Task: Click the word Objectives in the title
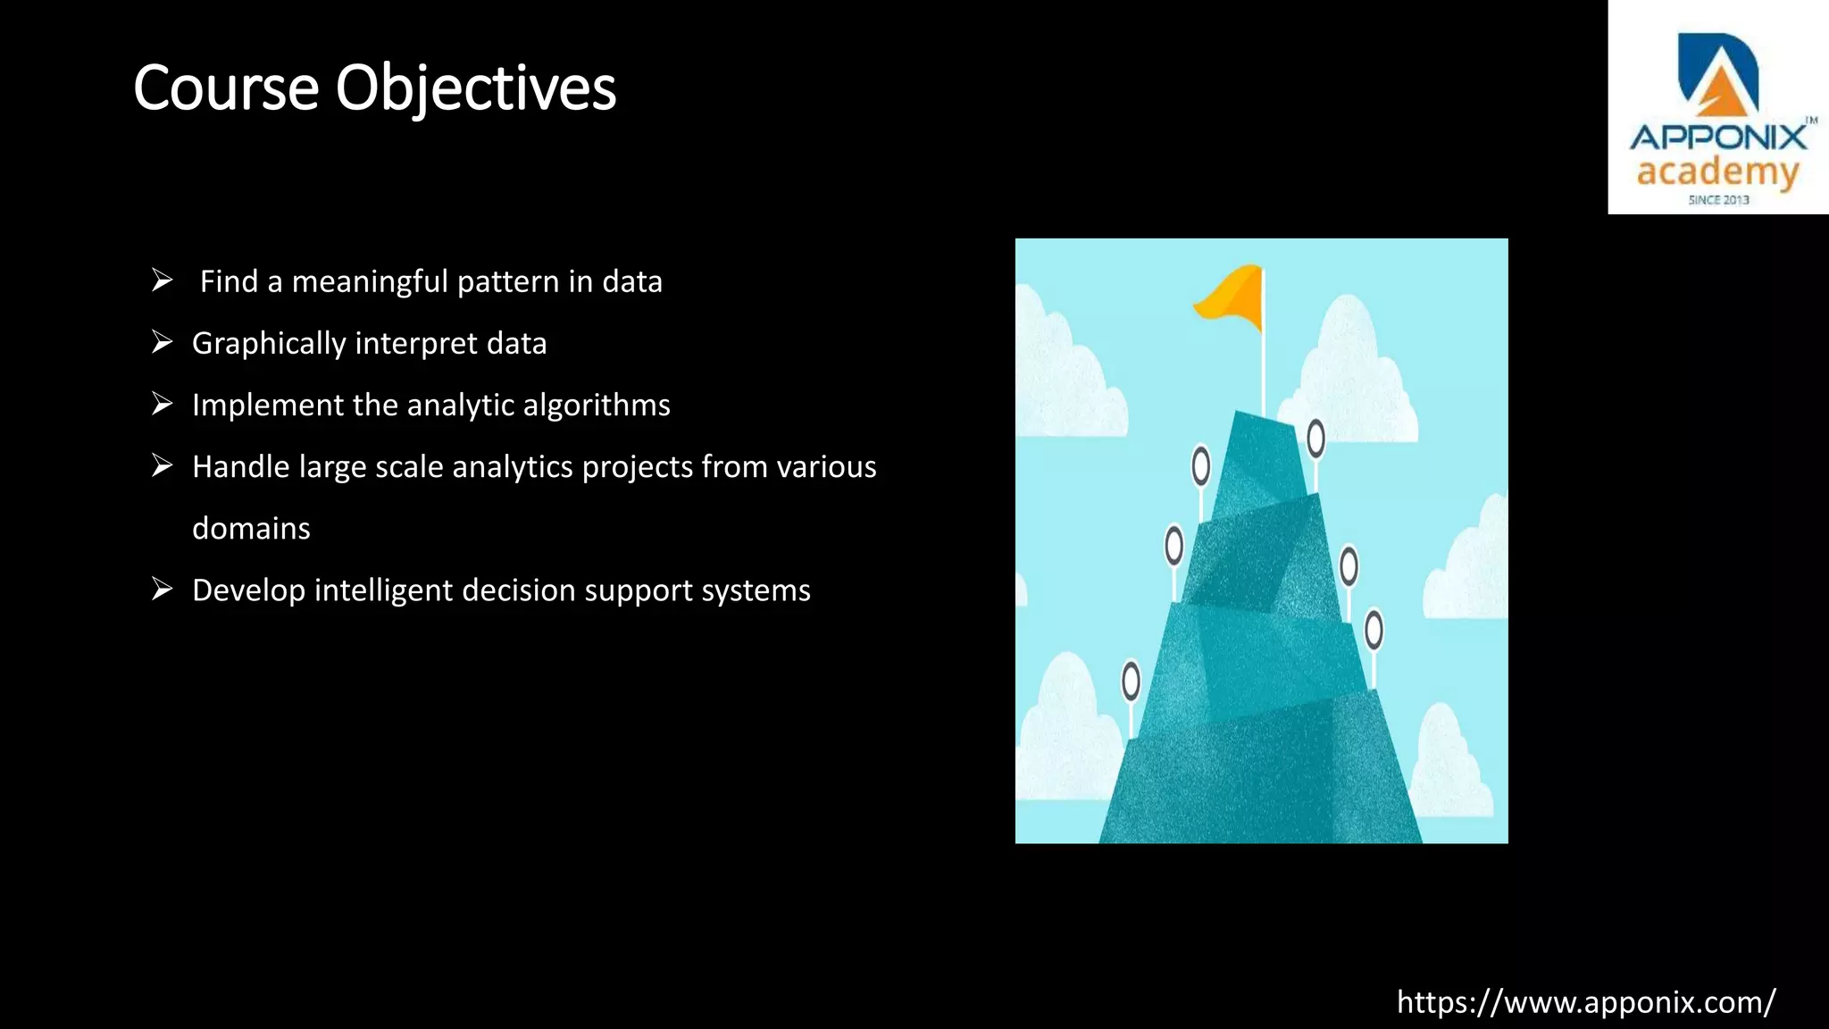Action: click(x=475, y=89)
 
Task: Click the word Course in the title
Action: click(x=226, y=89)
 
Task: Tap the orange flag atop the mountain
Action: click(x=1232, y=293)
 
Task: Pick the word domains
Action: click(x=251, y=529)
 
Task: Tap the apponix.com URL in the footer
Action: click(x=1586, y=1002)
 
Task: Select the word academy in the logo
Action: click(x=1717, y=171)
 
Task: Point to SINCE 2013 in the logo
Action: click(x=1718, y=200)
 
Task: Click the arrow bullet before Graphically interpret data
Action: click(x=162, y=342)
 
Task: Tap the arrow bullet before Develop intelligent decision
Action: click(x=162, y=590)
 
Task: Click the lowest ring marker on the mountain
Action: click(x=1131, y=681)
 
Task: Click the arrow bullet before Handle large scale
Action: click(x=162, y=465)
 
